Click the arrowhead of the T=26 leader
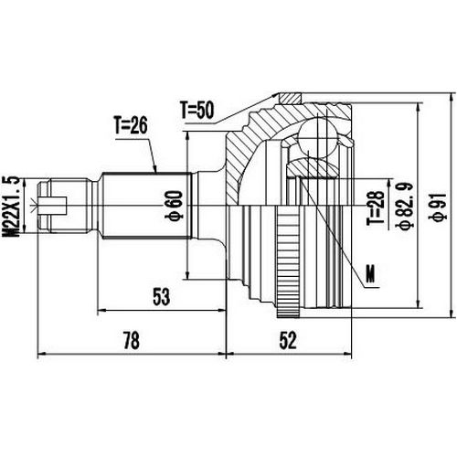coord(157,172)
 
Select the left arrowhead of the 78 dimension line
coord(41,352)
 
